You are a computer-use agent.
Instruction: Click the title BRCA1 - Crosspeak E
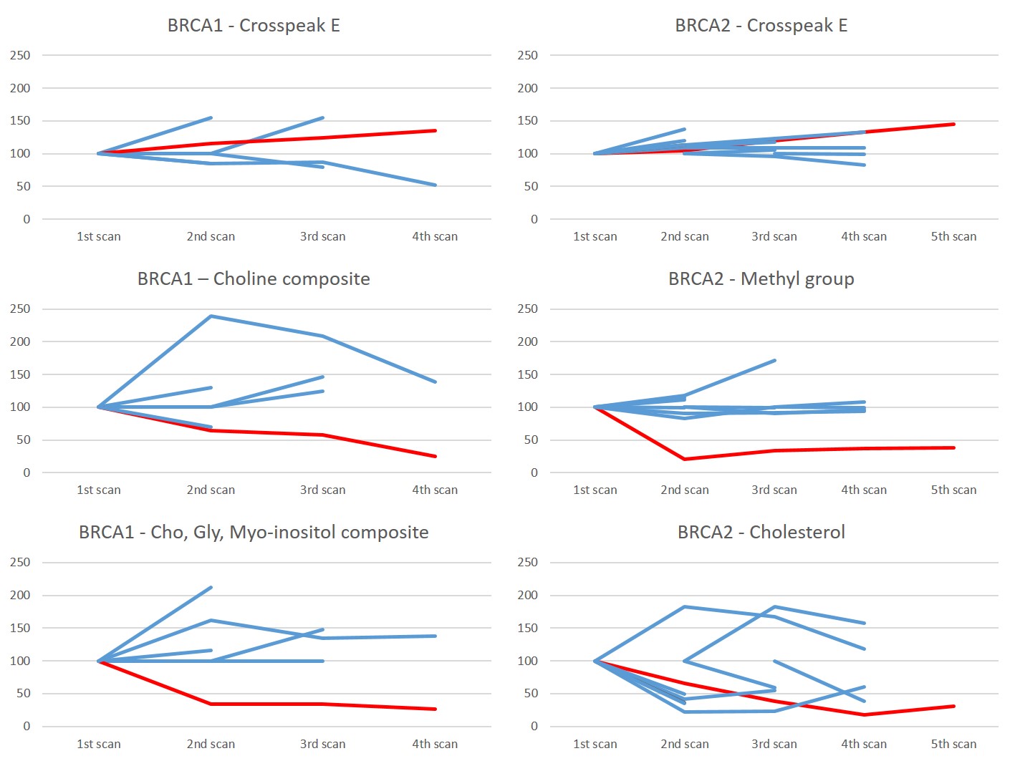(254, 26)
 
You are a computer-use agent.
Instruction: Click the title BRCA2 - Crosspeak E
(761, 26)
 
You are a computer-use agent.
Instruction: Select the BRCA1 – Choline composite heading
(254, 279)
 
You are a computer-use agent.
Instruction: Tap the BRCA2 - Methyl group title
(761, 279)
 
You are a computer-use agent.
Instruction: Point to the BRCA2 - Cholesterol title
(761, 533)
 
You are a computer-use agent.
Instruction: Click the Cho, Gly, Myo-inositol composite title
(254, 533)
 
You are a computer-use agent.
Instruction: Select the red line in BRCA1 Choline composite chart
(266, 432)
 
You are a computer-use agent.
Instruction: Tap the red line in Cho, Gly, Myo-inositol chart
(266, 704)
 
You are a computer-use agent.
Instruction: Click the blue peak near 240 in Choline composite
(211, 316)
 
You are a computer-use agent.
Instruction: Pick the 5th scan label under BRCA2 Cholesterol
(953, 744)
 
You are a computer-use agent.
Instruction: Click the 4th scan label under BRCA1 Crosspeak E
(435, 236)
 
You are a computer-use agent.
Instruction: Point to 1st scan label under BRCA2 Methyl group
(595, 490)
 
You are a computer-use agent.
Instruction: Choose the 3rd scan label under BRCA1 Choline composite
(322, 490)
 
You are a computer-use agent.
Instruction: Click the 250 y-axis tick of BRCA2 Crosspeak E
(527, 55)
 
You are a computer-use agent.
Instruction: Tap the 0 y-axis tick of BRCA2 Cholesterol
(534, 726)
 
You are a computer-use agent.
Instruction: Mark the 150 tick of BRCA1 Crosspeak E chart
(20, 120)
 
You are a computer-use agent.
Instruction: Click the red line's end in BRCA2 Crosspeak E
(953, 125)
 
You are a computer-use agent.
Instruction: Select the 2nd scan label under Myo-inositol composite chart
(211, 744)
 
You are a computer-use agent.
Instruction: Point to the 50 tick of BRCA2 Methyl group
(530, 440)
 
